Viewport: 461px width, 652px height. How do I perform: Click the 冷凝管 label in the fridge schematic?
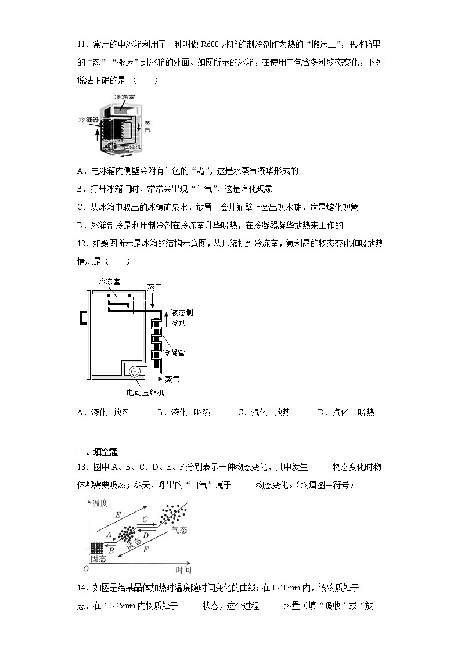coord(174,352)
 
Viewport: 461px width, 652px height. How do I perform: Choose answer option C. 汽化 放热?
coord(264,413)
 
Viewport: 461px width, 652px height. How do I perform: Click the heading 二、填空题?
coord(97,452)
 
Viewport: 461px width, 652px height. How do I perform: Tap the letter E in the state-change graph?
coord(118,514)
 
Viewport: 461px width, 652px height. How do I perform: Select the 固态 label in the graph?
coord(99,559)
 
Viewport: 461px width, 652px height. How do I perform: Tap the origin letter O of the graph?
coord(85,570)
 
